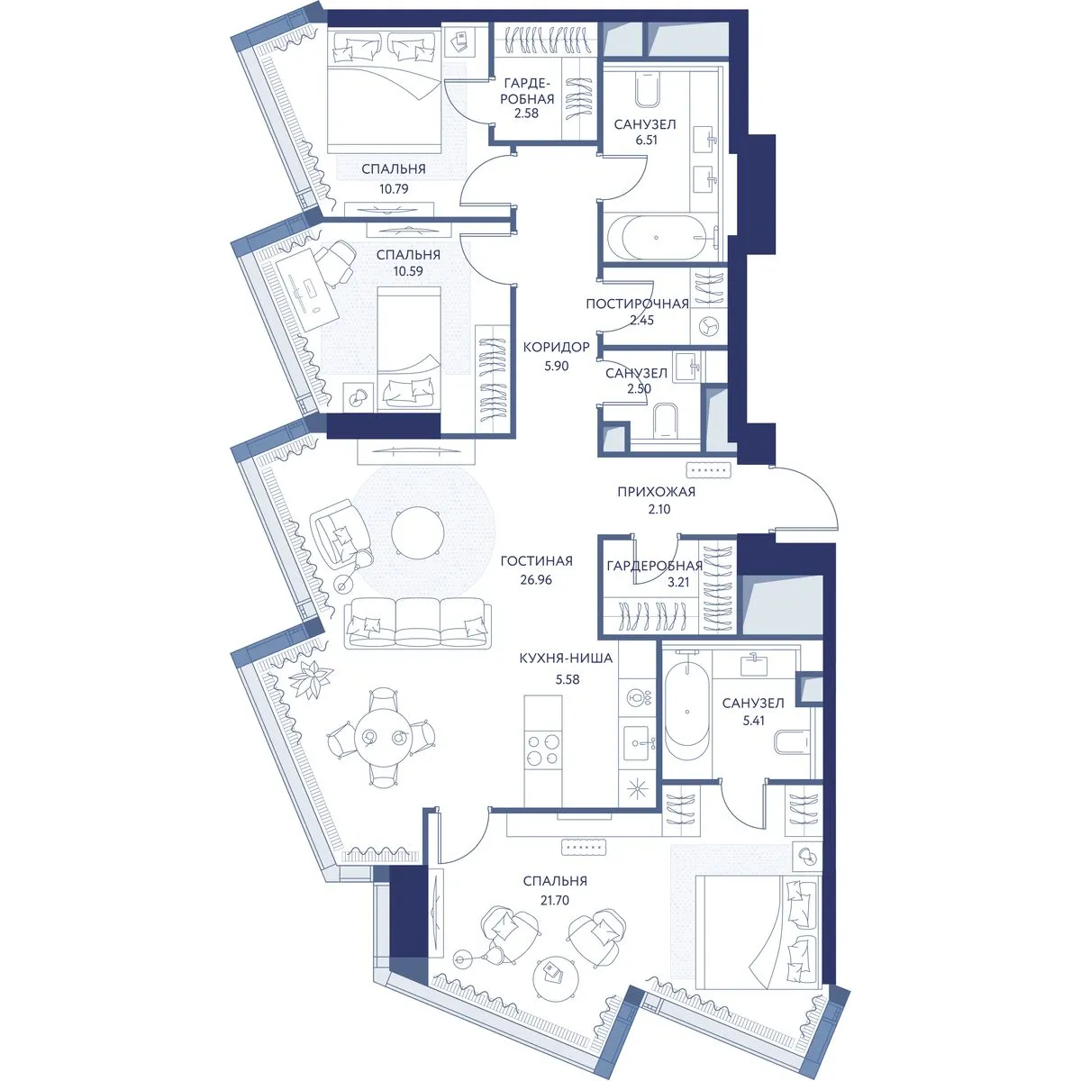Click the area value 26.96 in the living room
[536, 579]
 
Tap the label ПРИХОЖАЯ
[656, 492]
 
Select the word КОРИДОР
[556, 347]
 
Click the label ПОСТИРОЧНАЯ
[637, 304]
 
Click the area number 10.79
[394, 189]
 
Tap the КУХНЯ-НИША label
[566, 658]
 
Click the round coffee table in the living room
[418, 532]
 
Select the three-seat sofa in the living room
[417, 622]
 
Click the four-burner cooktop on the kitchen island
[543, 750]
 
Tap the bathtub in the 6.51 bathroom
[662, 238]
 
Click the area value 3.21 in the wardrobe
[678, 582]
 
